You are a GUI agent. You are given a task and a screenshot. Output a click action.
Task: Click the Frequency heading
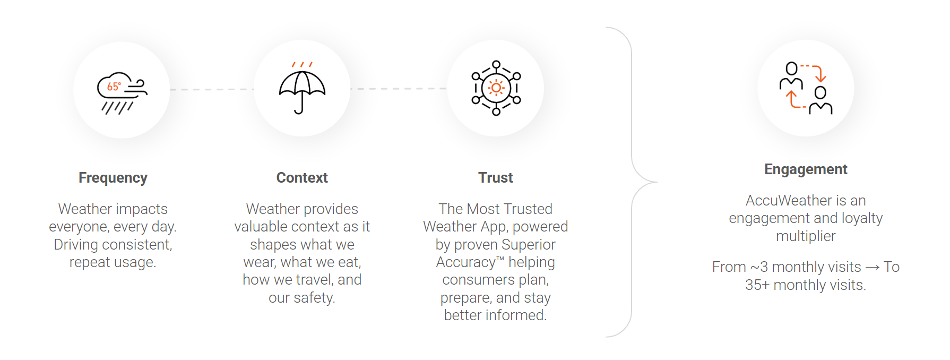tap(113, 178)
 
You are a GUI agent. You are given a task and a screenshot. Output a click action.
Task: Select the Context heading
tap(302, 178)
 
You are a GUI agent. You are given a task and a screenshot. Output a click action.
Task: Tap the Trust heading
tap(496, 178)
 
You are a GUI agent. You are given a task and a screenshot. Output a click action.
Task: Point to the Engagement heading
tap(806, 169)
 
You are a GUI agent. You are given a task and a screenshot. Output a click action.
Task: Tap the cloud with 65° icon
tap(122, 91)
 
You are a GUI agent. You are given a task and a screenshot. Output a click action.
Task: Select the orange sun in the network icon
tap(496, 88)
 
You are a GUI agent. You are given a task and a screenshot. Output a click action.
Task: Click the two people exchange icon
tap(806, 88)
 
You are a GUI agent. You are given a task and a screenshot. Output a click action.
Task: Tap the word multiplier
tap(806, 236)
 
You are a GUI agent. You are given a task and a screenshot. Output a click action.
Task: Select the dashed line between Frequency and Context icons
tap(211, 89)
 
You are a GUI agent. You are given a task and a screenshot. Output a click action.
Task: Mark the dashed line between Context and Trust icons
tap(398, 89)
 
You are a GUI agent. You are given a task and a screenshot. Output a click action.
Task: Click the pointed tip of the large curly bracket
tap(657, 182)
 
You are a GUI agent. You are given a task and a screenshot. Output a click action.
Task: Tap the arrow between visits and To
tap(872, 268)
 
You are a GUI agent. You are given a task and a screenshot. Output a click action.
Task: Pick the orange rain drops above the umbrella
tap(302, 64)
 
